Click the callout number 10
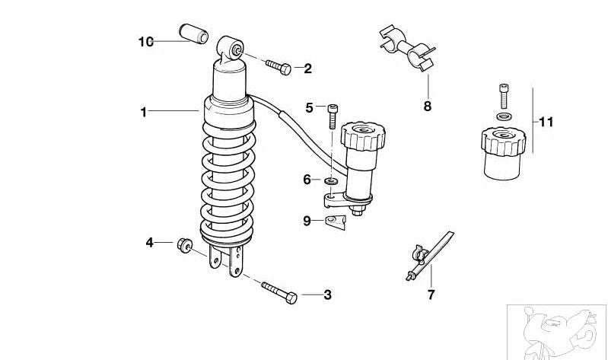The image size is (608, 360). [146, 42]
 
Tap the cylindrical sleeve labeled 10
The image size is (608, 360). [193, 33]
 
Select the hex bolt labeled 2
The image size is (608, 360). [279, 67]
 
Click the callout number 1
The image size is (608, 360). [144, 112]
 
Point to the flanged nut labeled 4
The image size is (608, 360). [185, 245]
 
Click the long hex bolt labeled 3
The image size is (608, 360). [279, 292]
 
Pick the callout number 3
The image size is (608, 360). [328, 295]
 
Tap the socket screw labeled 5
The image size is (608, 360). [333, 116]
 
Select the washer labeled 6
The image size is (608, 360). [331, 181]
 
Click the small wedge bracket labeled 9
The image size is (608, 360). [335, 222]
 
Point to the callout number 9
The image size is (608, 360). [307, 221]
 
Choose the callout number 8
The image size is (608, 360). [428, 107]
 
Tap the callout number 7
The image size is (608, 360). [431, 295]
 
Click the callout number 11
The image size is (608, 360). [546, 123]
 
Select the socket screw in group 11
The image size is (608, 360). [504, 96]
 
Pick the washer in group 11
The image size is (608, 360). [504, 116]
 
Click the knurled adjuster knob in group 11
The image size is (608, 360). [503, 154]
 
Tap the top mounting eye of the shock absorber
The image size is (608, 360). [231, 48]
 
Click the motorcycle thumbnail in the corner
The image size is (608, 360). [557, 333]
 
